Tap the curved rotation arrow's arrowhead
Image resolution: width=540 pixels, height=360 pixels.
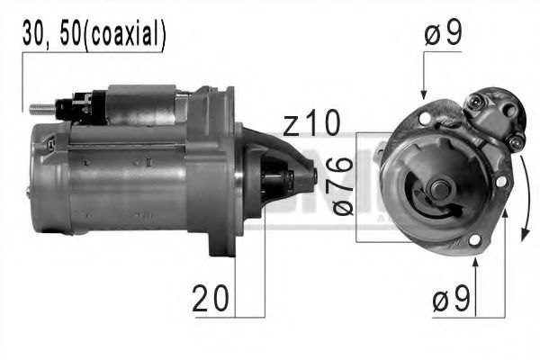[523, 239]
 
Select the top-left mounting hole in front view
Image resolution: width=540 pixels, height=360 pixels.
[425, 116]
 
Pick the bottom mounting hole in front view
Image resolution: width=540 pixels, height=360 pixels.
[474, 240]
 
